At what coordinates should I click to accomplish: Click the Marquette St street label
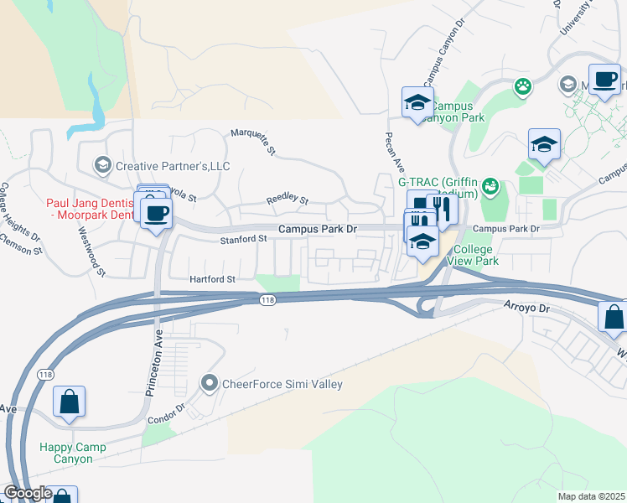(x=254, y=141)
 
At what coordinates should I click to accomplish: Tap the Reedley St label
(x=288, y=200)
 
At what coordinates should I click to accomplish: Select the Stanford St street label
(x=243, y=239)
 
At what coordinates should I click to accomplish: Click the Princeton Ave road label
(x=153, y=351)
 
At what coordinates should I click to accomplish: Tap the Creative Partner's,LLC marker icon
(x=104, y=165)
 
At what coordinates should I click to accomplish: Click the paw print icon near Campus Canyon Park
(x=524, y=86)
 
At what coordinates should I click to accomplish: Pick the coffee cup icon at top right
(x=604, y=80)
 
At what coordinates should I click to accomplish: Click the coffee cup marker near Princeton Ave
(x=157, y=212)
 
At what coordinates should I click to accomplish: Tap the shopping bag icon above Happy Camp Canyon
(x=69, y=402)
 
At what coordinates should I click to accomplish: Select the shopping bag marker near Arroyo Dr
(x=614, y=317)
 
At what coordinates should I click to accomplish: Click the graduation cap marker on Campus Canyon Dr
(x=417, y=103)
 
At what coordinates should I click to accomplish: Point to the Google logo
(x=28, y=493)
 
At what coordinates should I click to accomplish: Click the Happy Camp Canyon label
(x=73, y=453)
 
